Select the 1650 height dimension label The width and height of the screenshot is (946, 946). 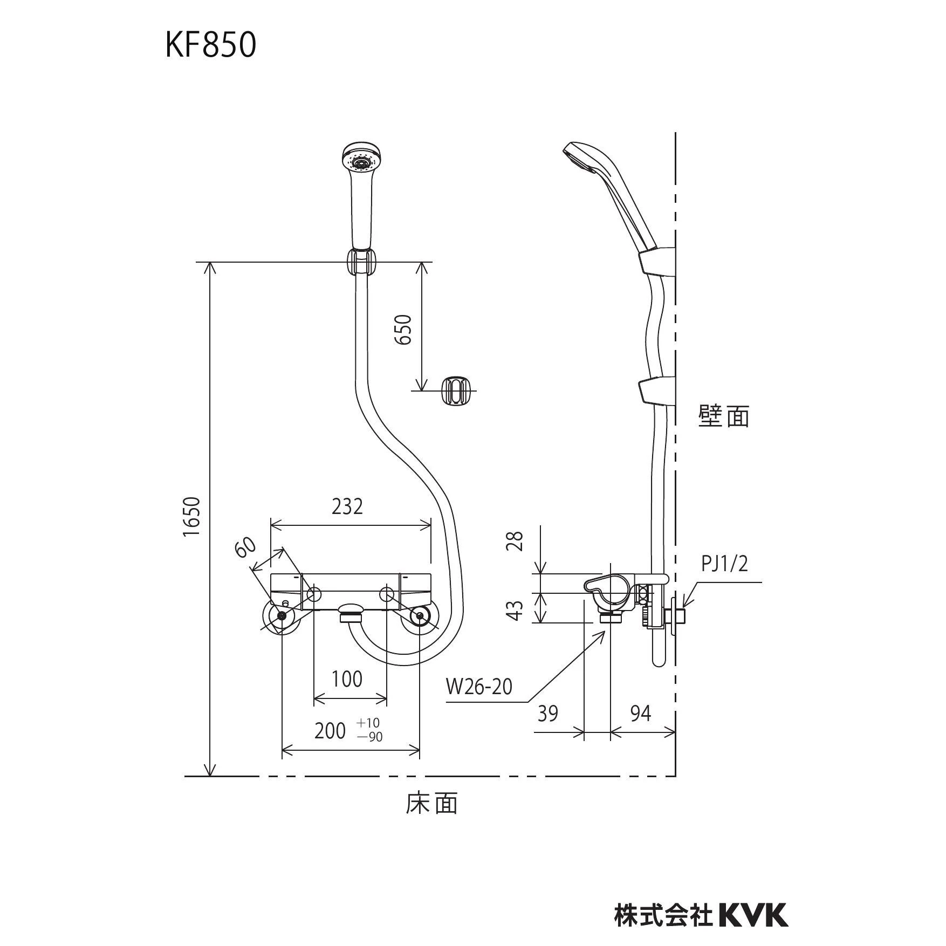191,516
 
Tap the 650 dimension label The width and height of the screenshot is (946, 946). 403,329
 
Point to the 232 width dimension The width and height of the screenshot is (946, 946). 347,506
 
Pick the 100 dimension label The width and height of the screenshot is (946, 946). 347,679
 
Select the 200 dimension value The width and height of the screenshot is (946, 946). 330,731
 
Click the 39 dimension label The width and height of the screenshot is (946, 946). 547,714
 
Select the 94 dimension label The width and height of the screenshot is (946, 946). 640,714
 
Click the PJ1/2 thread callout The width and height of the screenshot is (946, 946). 724,564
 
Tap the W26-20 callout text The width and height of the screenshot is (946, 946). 479,687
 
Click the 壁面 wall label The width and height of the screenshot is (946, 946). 724,416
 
